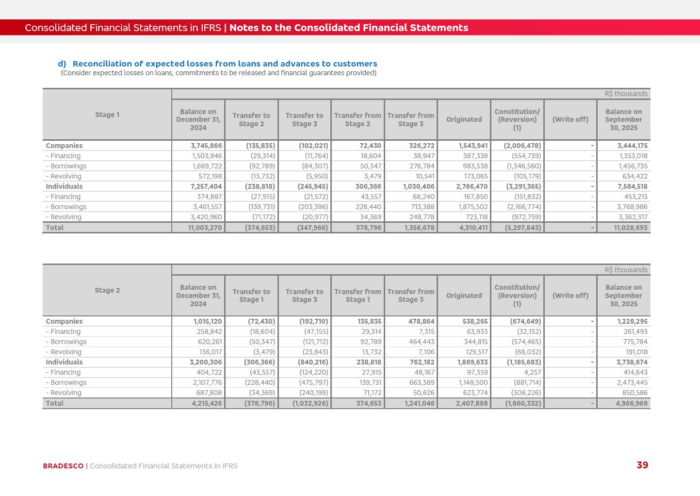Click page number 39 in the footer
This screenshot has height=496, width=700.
click(x=642, y=465)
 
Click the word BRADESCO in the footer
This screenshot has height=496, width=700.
click(x=63, y=466)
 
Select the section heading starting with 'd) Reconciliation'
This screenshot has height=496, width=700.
click(x=217, y=64)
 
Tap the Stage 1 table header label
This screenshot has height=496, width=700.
click(x=107, y=115)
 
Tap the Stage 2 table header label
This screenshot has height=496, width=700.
click(x=107, y=290)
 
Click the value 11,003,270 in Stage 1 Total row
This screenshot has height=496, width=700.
click(x=205, y=228)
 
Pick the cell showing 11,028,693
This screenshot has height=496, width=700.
click(x=631, y=228)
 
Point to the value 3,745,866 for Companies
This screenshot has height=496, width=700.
click(x=206, y=146)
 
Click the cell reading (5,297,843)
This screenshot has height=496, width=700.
click(x=523, y=228)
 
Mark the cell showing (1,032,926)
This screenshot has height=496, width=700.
click(x=310, y=403)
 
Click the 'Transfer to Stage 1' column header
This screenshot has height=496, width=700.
click(x=251, y=296)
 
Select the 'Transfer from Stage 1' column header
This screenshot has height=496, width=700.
click(x=358, y=296)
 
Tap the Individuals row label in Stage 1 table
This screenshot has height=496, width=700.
click(x=64, y=186)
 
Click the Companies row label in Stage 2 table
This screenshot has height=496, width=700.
click(x=64, y=321)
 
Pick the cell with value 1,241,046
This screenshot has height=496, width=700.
click(x=419, y=403)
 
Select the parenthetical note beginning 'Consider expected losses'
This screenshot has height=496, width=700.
click(x=218, y=73)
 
